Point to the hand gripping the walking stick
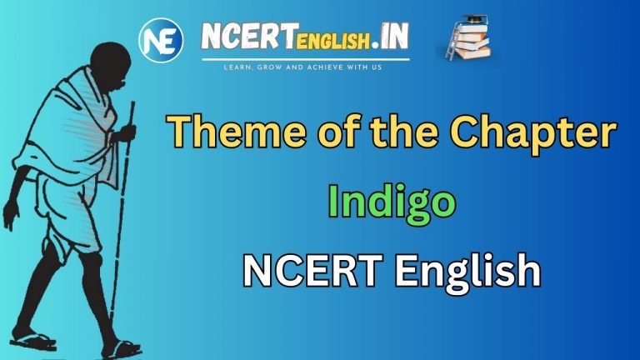[124, 133]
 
